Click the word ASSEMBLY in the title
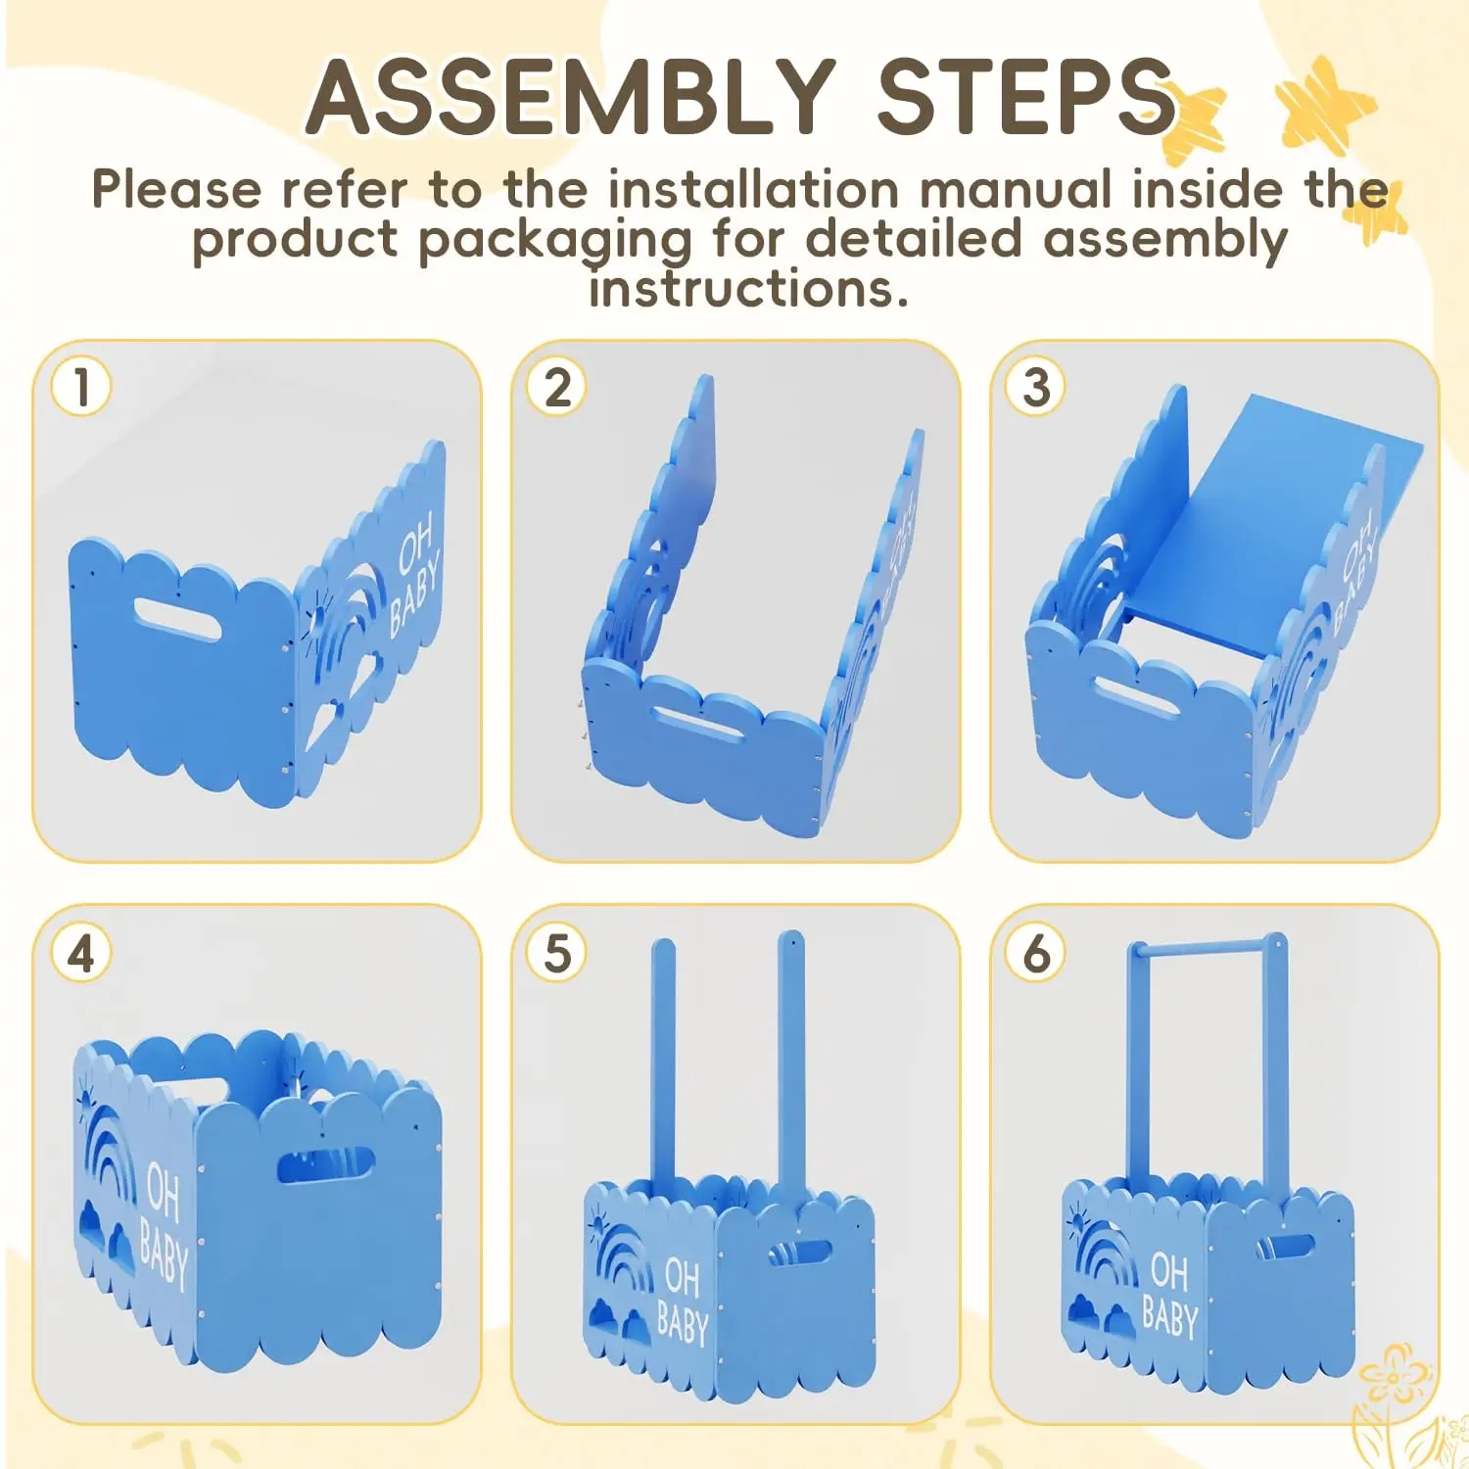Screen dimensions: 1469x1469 point(571,96)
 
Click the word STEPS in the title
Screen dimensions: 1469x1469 point(1025,96)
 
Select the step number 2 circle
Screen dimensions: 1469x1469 point(558,387)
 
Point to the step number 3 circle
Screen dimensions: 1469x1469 point(1036,387)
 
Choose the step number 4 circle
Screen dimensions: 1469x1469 point(81,953)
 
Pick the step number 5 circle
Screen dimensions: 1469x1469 point(558,953)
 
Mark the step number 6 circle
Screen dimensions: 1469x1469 point(1036,953)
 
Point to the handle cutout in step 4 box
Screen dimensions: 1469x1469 point(326,1165)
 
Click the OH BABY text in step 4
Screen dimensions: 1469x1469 point(164,1223)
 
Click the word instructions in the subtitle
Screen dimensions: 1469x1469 point(749,289)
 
